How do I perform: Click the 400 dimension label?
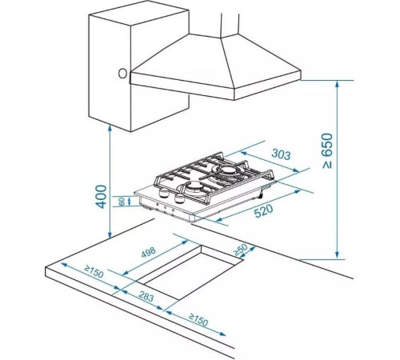102,197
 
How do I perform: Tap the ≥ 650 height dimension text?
327,151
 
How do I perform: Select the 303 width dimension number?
281,154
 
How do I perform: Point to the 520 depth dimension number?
263,210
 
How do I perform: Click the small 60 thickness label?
122,202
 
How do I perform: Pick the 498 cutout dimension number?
148,253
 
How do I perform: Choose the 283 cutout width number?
146,297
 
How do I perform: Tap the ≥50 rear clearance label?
240,250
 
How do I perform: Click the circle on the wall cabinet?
122,74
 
